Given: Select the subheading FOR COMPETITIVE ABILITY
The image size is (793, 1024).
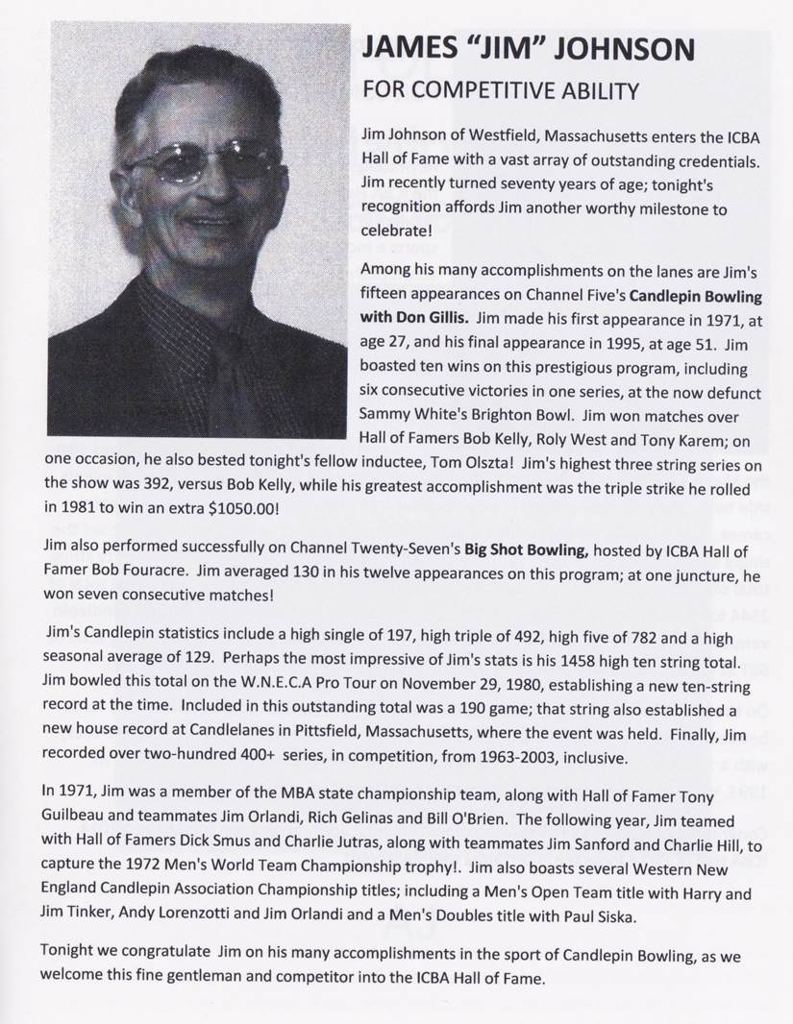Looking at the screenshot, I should pos(500,91).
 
